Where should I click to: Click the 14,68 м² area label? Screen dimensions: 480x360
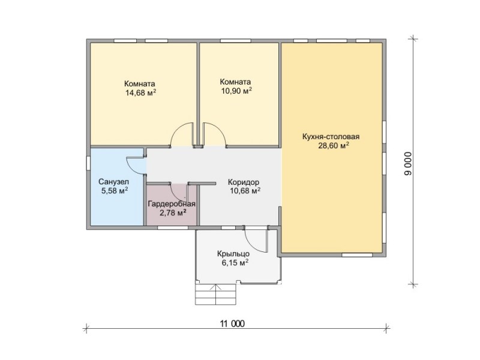click(141, 93)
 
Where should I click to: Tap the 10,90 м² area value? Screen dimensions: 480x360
click(236, 91)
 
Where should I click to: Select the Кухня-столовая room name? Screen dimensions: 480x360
click(331, 137)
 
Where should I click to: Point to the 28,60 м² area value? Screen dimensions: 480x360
click(334, 145)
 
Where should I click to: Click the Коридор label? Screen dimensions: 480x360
click(244, 182)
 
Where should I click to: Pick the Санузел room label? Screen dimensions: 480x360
click(113, 182)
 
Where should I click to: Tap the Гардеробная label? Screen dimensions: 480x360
click(172, 204)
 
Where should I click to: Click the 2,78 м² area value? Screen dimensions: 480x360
click(173, 212)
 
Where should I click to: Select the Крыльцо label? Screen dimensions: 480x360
click(233, 254)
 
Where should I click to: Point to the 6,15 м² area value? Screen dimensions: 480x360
click(235, 263)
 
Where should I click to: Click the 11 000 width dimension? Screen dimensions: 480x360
click(232, 323)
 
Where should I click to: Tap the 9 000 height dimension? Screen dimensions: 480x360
click(408, 164)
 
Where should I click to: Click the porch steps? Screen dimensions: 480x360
click(215, 294)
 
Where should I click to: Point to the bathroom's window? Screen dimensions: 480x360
click(88, 163)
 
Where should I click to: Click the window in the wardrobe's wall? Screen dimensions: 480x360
click(173, 228)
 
